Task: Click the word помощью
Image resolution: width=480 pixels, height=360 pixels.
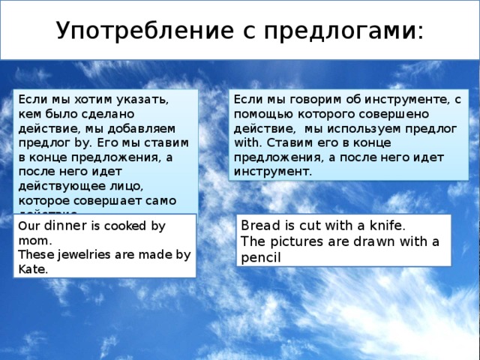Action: (258, 112)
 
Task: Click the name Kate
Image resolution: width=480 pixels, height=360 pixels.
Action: (31, 269)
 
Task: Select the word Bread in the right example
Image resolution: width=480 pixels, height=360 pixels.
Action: (259, 225)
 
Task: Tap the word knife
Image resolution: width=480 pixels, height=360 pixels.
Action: (386, 225)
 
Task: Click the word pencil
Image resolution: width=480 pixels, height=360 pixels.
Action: (260, 256)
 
